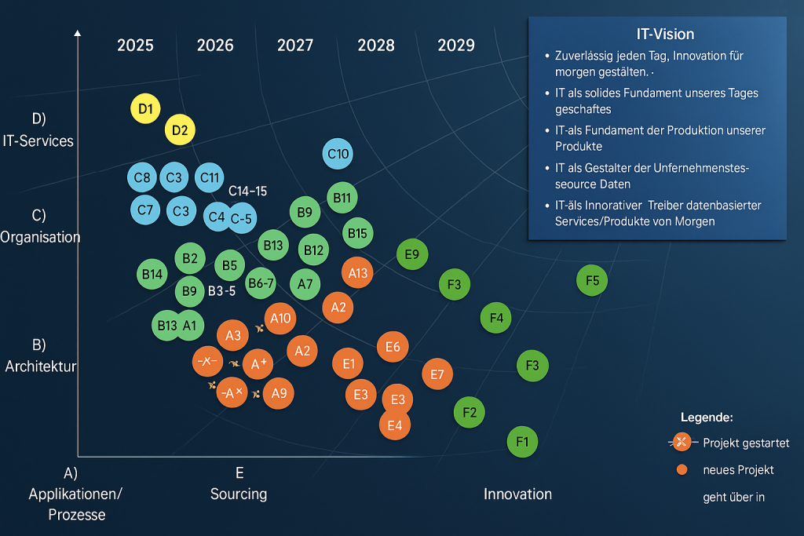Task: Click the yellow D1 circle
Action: click(x=144, y=108)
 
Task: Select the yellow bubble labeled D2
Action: click(x=180, y=129)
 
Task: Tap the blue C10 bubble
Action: click(x=338, y=154)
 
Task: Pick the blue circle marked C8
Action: click(x=142, y=178)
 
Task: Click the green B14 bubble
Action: click(x=152, y=274)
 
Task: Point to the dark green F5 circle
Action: click(x=592, y=280)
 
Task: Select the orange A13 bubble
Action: click(x=357, y=272)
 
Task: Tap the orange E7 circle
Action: click(x=437, y=374)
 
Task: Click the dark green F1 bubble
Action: click(x=522, y=441)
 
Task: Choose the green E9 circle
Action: click(x=412, y=254)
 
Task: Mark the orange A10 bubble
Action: click(x=280, y=318)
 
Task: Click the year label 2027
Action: click(x=295, y=46)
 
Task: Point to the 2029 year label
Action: click(x=456, y=46)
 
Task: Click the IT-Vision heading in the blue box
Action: click(x=665, y=35)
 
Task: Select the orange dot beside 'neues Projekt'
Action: click(x=681, y=469)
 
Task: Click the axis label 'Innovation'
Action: click(x=517, y=494)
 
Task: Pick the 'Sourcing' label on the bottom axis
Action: click(x=239, y=494)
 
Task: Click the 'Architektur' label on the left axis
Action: click(x=41, y=366)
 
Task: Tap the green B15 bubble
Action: click(x=357, y=233)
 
